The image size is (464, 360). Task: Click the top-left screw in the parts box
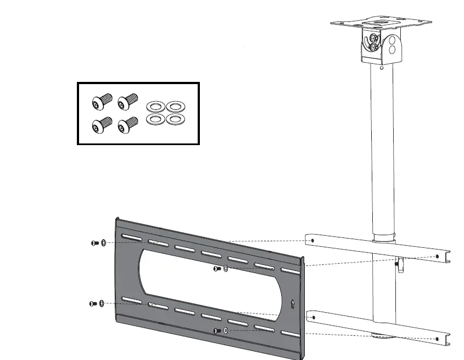click(x=103, y=101)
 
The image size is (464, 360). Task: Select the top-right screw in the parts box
click(x=128, y=101)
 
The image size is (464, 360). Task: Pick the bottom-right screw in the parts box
click(x=128, y=124)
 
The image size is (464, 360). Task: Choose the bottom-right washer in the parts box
click(x=175, y=119)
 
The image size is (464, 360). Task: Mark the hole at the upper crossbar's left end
click(x=312, y=240)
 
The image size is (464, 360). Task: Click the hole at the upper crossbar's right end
click(x=437, y=256)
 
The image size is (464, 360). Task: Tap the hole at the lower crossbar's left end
click(x=312, y=317)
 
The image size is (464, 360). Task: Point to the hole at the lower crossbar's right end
click(x=437, y=339)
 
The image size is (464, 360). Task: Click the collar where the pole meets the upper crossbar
click(x=384, y=240)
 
